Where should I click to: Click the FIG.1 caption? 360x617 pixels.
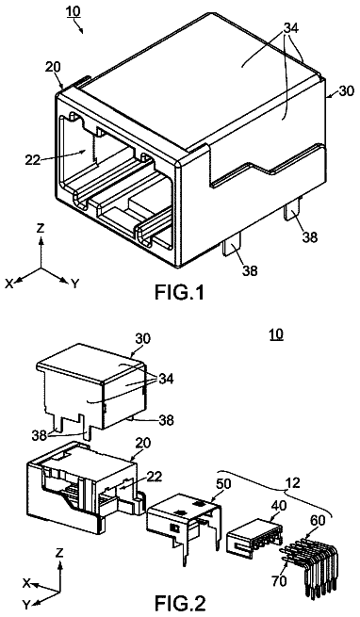coord(179,292)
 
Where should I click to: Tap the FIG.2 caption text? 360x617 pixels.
coord(179,603)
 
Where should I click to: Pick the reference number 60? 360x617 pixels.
coord(318,521)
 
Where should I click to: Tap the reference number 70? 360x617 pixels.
coord(278,581)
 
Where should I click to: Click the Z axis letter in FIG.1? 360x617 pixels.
coord(41,229)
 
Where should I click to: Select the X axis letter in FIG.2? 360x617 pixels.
coord(26,583)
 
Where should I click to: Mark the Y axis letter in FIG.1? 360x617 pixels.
coord(75,284)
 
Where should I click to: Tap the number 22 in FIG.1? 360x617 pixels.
coord(33,160)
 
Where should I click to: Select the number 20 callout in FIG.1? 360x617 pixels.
coord(53,67)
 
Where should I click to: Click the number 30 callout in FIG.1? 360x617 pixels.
coord(346,90)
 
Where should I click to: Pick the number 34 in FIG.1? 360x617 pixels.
coord(290,28)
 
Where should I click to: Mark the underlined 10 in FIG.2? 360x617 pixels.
coord(276,334)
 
